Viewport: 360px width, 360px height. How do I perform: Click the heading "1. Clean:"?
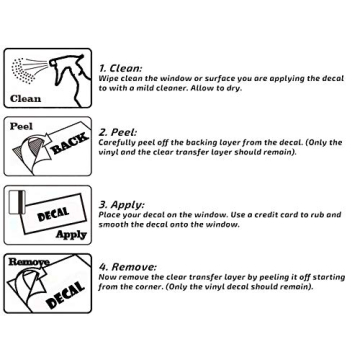(120, 68)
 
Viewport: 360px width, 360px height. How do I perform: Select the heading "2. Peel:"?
(118, 132)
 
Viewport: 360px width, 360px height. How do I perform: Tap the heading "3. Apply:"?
(121, 204)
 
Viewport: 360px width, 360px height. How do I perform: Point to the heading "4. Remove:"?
(128, 267)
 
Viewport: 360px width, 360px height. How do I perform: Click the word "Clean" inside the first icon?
(25, 99)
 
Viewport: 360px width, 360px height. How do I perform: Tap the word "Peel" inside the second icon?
(21, 126)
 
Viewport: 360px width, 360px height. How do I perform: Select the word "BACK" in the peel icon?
(69, 143)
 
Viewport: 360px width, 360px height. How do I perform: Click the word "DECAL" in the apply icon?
(53, 214)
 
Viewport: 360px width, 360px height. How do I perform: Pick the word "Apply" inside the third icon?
(71, 235)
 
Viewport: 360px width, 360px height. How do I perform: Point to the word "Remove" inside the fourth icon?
(29, 262)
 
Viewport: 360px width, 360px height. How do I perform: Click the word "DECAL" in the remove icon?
(65, 295)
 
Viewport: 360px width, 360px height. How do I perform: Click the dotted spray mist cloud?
(23, 71)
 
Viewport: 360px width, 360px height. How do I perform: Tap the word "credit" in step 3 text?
(267, 215)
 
